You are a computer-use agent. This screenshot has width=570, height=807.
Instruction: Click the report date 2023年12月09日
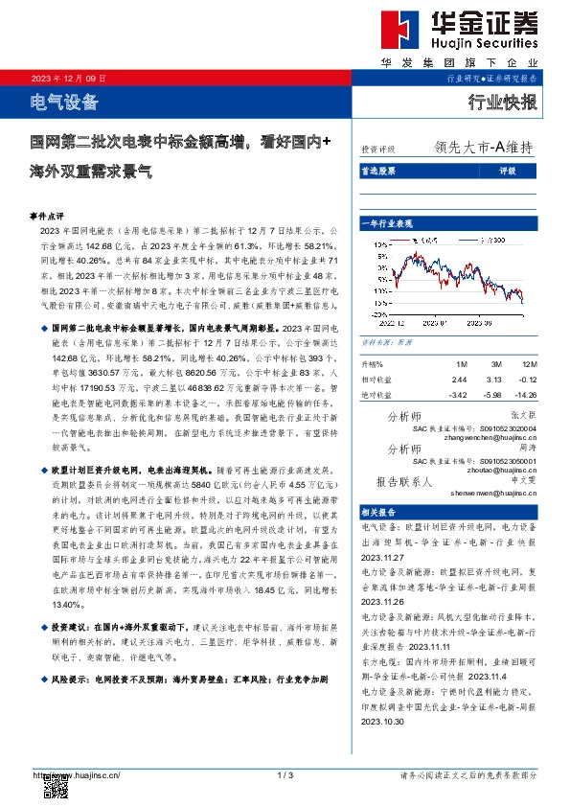tap(68, 78)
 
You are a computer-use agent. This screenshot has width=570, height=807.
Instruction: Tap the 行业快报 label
tap(502, 101)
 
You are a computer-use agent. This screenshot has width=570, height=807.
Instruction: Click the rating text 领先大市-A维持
tap(483, 149)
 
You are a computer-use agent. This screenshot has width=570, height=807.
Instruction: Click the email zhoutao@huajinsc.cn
tap(494, 472)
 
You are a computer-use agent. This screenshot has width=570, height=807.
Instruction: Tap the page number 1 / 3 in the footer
tap(284, 774)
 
